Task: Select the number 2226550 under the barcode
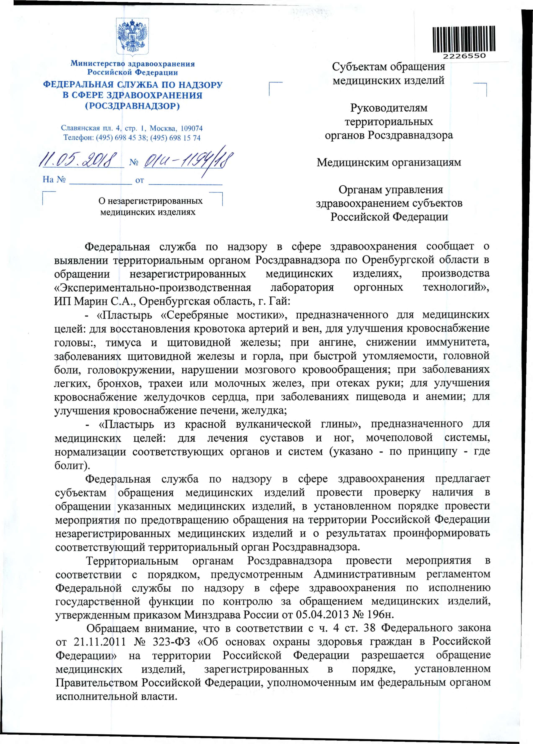pyautogui.click(x=464, y=56)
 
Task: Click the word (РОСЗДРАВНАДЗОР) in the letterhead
pyautogui.click(x=133, y=106)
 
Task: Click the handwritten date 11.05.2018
pyautogui.click(x=79, y=160)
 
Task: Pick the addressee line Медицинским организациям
pyautogui.click(x=389, y=162)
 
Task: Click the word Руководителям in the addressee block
pyautogui.click(x=389, y=108)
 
